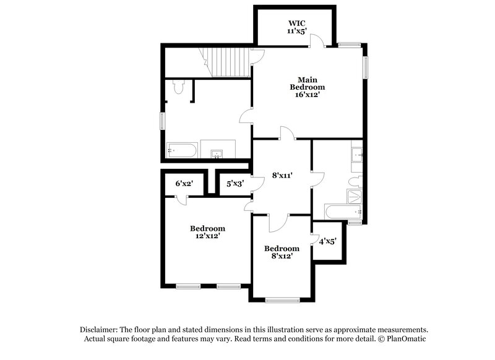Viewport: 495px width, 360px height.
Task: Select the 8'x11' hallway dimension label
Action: point(282,176)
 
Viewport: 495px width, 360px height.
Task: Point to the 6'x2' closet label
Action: point(184,184)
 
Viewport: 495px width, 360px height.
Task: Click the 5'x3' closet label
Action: point(235,184)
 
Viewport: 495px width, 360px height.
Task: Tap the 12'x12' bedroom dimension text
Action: point(207,236)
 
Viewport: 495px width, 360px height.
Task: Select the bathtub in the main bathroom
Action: point(182,150)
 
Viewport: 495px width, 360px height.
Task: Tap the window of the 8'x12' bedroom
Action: point(282,301)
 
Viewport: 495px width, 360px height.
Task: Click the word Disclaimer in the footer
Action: point(100,330)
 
